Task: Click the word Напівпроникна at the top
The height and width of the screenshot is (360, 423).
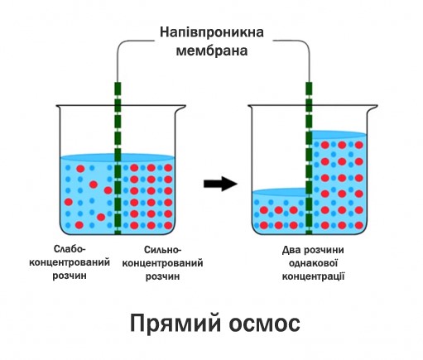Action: coord(212,32)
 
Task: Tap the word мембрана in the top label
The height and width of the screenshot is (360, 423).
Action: coord(212,51)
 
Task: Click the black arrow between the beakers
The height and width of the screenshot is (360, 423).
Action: coord(220,184)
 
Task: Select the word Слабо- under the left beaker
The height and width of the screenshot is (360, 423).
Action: coord(70,249)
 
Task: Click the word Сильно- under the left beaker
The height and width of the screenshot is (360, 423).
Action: coord(162,250)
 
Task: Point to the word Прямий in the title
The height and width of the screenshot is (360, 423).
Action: coord(175,323)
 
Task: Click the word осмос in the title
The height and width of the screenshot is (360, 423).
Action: coord(264,324)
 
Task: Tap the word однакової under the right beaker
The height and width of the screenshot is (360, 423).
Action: coord(313,263)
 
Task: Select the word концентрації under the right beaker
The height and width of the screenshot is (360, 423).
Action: coord(313,276)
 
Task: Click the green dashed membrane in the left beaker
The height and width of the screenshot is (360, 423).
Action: coord(118,158)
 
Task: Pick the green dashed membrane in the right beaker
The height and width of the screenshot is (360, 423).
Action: coord(309,158)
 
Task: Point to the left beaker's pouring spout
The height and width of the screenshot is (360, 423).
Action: coord(180,108)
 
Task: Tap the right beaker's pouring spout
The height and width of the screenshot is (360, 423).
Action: coord(373,108)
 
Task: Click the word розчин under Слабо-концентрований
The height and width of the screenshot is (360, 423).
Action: coord(70,276)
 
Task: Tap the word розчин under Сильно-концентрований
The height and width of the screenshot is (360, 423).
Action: coord(162,276)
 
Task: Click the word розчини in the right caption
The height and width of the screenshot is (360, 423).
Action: coord(324,251)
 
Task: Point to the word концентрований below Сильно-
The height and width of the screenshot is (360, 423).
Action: coord(162,263)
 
